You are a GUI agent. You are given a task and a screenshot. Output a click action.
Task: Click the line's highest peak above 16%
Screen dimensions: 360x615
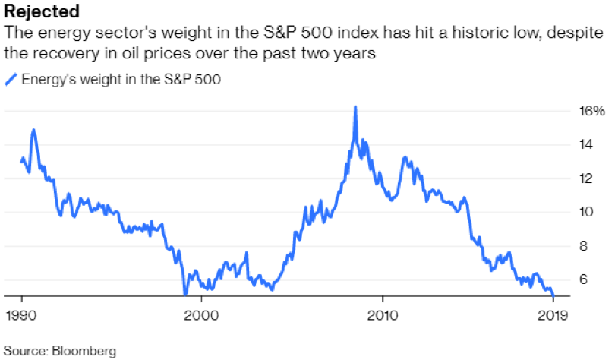pos(355,106)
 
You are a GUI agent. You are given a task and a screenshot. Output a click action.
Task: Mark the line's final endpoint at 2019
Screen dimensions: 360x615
pos(553,295)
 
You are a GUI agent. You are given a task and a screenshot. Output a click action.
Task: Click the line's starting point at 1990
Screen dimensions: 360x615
pos(21,161)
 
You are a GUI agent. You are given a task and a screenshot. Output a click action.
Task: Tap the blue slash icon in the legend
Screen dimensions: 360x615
pos(11,79)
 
